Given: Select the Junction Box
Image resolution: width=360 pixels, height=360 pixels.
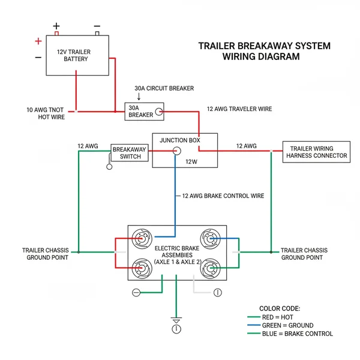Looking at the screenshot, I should [185, 150].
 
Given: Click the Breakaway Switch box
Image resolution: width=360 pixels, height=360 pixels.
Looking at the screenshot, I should [127, 152].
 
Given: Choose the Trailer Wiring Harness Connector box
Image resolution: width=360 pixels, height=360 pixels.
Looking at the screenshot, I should [316, 152].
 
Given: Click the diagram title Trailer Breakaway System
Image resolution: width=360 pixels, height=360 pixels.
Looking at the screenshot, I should [264, 46].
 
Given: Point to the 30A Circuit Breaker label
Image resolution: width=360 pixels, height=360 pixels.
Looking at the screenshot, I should [164, 88].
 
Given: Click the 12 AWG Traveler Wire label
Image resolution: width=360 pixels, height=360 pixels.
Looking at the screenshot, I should [239, 109].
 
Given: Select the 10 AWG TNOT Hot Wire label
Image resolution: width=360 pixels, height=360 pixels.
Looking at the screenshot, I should [45, 113].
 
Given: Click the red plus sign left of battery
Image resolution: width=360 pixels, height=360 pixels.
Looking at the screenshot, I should [38, 41].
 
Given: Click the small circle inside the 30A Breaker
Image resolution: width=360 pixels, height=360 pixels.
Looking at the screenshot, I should [158, 111].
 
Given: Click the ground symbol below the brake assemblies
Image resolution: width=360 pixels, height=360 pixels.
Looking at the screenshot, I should [176, 320].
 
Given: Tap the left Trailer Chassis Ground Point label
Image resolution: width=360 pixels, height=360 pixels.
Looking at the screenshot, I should [45, 254].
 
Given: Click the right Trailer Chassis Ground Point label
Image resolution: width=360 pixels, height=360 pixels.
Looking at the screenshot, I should [304, 254].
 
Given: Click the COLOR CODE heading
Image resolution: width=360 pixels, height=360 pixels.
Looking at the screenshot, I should [280, 308].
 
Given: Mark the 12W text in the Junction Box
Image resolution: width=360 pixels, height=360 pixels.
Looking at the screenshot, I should [191, 161].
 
